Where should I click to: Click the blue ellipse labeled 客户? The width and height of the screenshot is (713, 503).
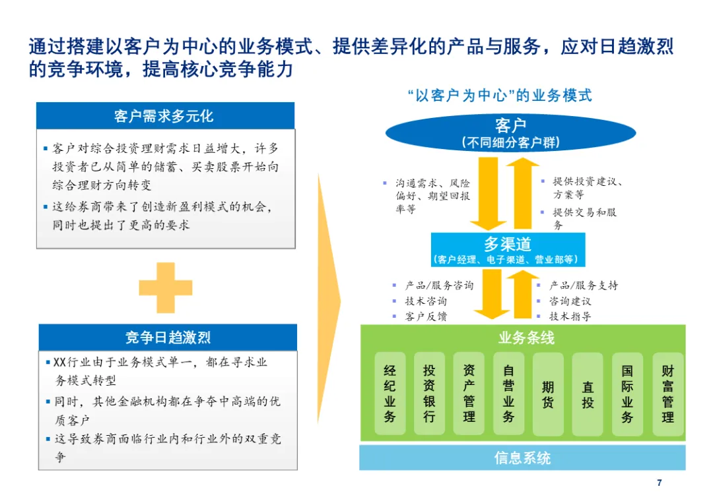click(x=510, y=132)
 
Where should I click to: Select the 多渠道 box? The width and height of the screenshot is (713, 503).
click(x=508, y=250)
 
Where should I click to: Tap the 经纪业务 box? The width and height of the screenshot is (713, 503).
click(x=390, y=394)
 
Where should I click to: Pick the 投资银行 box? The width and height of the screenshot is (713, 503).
click(x=430, y=394)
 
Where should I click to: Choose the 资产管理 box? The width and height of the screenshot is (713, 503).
click(x=469, y=394)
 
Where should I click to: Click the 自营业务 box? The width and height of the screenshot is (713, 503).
click(x=508, y=394)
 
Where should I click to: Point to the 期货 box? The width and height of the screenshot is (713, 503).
click(x=548, y=394)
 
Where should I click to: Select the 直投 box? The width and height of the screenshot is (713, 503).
click(x=588, y=394)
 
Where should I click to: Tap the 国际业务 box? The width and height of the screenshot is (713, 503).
click(x=627, y=394)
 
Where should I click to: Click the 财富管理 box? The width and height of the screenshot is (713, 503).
click(x=667, y=394)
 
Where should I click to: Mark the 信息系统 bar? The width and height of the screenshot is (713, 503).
click(x=522, y=458)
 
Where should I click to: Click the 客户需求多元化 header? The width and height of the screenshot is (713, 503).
click(x=164, y=116)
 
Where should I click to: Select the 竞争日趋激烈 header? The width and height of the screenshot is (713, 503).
click(x=168, y=338)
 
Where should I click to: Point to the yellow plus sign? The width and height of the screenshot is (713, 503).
click(x=166, y=287)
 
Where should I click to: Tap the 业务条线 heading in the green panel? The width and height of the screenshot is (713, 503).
click(x=526, y=338)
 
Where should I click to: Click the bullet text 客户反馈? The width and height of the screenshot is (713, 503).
click(x=426, y=316)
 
